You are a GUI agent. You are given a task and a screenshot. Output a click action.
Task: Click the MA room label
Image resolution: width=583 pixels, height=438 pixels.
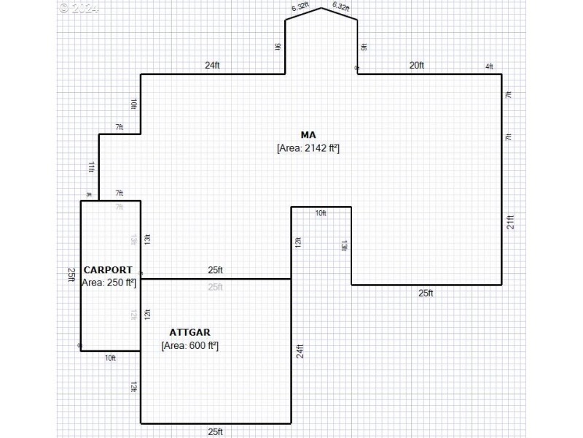tap(308, 134)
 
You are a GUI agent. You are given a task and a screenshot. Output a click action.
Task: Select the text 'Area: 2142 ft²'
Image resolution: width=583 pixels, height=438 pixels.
tap(308, 148)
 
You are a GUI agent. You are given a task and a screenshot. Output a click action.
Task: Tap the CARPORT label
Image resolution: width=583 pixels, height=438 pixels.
tap(108, 270)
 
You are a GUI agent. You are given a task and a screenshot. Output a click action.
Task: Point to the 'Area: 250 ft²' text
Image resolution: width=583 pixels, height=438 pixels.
tap(109, 283)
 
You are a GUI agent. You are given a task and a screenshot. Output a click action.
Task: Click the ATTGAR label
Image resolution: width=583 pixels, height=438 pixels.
tap(190, 332)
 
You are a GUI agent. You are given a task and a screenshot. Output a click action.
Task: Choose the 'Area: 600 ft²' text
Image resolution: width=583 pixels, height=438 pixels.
tap(190, 345)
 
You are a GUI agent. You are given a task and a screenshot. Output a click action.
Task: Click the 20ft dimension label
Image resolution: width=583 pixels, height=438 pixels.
tap(416, 66)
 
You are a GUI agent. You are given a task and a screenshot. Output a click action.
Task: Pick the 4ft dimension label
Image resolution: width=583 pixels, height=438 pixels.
tap(489, 67)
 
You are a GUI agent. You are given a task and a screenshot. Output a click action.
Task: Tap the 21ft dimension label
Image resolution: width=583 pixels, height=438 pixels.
tap(510, 222)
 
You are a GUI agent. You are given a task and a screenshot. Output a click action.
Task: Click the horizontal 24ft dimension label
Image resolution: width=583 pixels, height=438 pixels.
tap(211, 66)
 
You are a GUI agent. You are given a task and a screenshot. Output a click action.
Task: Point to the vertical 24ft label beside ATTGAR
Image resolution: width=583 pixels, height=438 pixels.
tap(299, 351)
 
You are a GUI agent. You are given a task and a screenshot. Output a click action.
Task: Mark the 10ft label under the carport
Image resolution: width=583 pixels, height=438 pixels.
tap(110, 358)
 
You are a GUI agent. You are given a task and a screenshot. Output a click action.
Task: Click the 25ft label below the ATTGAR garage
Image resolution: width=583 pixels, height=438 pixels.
tap(215, 431)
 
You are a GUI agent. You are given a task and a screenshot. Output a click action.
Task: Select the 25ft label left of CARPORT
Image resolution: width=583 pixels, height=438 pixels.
tap(72, 275)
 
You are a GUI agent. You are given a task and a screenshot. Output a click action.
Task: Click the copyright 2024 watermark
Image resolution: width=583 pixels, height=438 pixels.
tap(77, 8)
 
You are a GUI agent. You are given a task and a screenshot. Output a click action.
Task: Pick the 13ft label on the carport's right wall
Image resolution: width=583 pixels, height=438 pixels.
tap(147, 239)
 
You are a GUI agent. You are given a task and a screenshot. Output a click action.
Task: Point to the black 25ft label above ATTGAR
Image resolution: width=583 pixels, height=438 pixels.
tap(215, 270)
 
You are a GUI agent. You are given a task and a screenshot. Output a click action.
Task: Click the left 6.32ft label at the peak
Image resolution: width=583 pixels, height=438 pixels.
tap(300, 7)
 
